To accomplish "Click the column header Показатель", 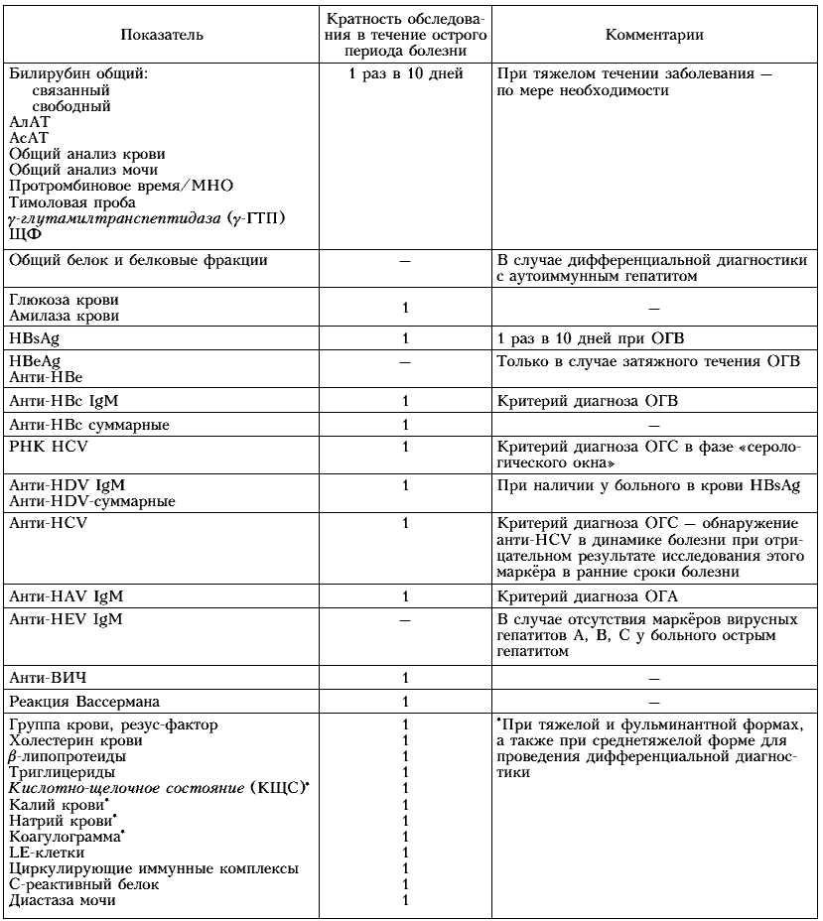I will [x=162, y=35].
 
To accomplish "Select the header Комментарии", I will [x=654, y=35].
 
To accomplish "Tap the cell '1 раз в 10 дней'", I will [x=406, y=74].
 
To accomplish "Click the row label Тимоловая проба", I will [x=71, y=201].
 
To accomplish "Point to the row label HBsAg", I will [x=34, y=338].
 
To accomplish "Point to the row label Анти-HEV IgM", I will [x=67, y=619].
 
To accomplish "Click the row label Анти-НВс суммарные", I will [x=88, y=425].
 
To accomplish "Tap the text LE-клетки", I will [x=47, y=853].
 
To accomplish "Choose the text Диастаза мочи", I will [x=63, y=900].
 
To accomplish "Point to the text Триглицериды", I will [x=61, y=772].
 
